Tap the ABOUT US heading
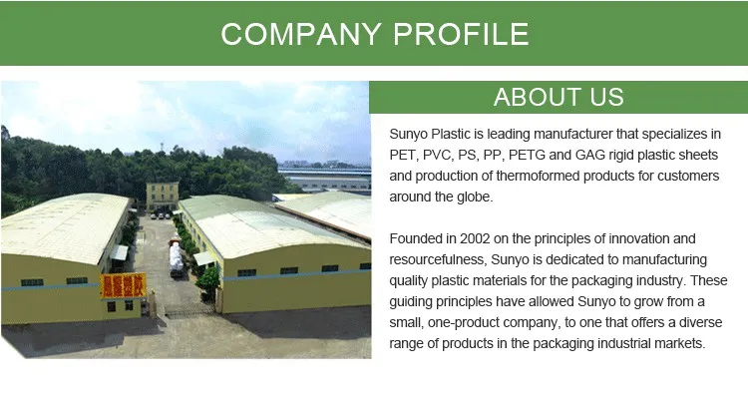559,97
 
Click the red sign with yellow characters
123,285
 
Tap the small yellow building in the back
162,195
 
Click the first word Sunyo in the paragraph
410,134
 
